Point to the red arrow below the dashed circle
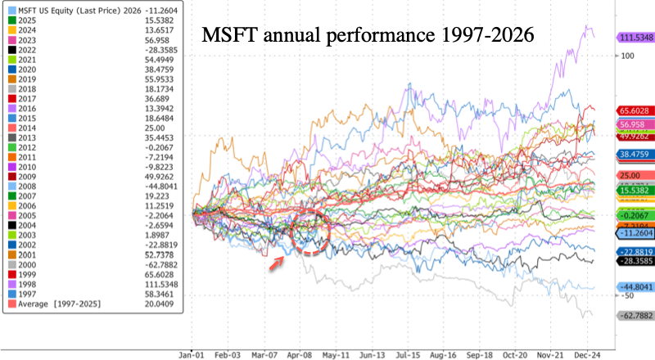pyautogui.click(x=278, y=261)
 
